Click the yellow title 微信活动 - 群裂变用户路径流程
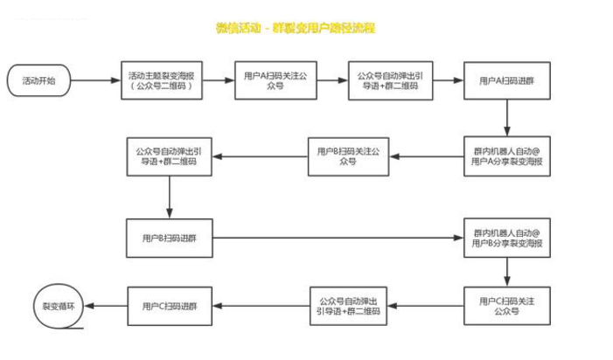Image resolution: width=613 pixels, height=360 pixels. (296, 29)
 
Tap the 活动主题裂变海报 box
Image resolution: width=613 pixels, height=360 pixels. (165, 80)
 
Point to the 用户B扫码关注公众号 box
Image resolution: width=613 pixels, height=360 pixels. (349, 156)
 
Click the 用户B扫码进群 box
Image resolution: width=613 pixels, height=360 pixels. (169, 237)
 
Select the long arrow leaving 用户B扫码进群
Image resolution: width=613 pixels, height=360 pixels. (337, 237)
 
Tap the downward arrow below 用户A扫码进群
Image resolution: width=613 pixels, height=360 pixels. (507, 116)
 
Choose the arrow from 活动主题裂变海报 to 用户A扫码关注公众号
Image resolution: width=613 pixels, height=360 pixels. (221, 80)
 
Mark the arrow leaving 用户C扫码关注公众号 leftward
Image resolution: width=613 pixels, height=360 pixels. (427, 306)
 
